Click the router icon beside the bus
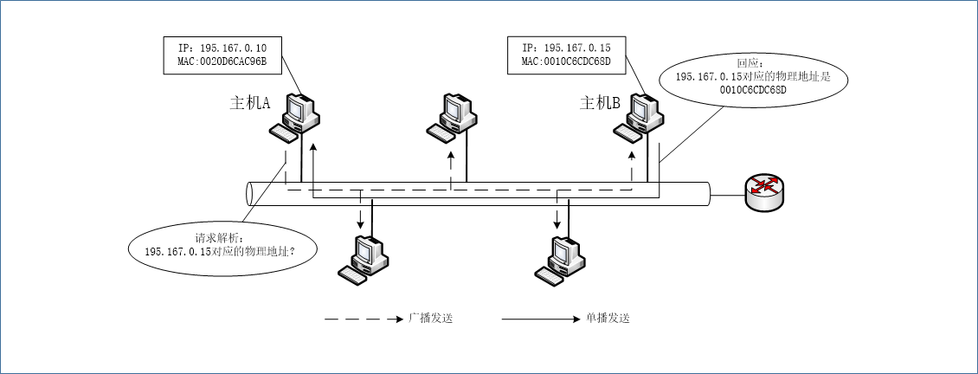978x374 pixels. pyautogui.click(x=764, y=192)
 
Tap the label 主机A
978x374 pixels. pyautogui.click(x=250, y=103)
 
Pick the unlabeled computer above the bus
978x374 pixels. pyautogui.click(x=452, y=115)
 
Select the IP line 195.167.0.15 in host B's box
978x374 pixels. pyautogui.click(x=567, y=47)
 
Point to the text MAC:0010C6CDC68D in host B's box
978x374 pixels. pyautogui.click(x=567, y=61)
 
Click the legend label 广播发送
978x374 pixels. pyautogui.click(x=431, y=319)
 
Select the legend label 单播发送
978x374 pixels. pyautogui.click(x=607, y=319)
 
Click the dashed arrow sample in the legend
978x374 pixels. pyautogui.click(x=364, y=319)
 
